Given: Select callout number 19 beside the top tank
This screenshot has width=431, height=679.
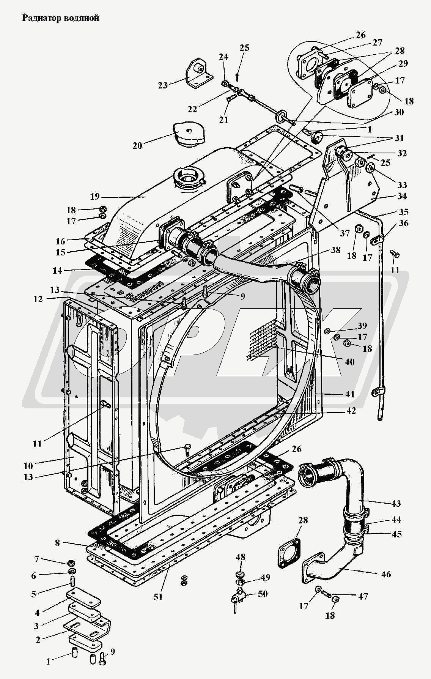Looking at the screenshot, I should click(x=95, y=196).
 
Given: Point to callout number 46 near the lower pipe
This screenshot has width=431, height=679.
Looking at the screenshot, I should click(x=386, y=574).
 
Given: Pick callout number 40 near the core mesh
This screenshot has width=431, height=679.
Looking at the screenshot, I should click(x=349, y=362).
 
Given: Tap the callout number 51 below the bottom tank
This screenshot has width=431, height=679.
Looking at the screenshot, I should click(x=158, y=597).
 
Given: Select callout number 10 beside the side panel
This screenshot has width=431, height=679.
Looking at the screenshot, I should click(x=28, y=465).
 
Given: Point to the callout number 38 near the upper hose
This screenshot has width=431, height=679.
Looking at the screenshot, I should click(x=335, y=250).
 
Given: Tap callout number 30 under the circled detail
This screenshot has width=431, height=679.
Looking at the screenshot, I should click(x=399, y=112).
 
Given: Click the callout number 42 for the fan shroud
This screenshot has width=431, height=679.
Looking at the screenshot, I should click(x=351, y=411).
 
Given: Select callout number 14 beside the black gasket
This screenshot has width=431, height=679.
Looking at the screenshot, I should click(x=57, y=271).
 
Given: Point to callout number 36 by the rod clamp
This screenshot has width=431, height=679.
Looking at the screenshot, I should click(x=404, y=223).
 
